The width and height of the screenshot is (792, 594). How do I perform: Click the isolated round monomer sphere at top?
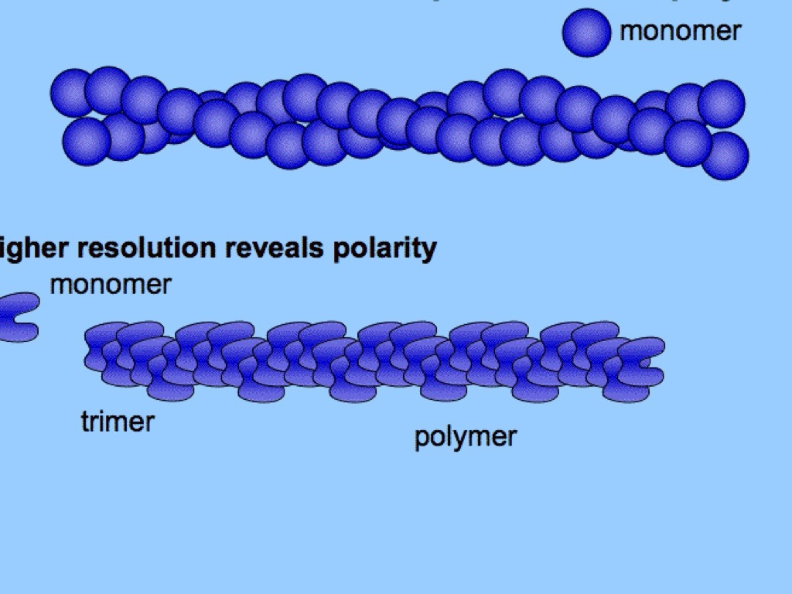[x=586, y=32]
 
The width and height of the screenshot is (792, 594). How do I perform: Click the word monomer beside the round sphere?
[x=680, y=31]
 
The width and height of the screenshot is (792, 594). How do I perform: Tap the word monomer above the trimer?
[x=110, y=285]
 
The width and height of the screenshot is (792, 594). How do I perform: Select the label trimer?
[x=118, y=422]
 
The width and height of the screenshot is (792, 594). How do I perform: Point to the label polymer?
[x=465, y=437]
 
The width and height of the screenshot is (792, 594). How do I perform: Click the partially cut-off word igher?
[x=29, y=249]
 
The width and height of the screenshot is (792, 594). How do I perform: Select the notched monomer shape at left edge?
[x=17, y=316]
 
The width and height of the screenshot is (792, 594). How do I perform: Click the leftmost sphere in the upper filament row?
[x=73, y=93]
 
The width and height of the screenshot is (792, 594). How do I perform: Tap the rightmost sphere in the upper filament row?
[x=722, y=103]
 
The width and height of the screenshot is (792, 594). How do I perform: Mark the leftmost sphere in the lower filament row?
[x=86, y=141]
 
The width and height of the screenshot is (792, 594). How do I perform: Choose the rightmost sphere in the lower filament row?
[x=725, y=155]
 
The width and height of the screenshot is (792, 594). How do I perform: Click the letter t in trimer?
[x=84, y=422]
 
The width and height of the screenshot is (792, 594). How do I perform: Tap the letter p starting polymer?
[x=421, y=439]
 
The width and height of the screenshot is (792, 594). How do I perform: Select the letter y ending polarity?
[x=430, y=251]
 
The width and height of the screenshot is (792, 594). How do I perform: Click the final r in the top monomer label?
[x=736, y=32]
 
